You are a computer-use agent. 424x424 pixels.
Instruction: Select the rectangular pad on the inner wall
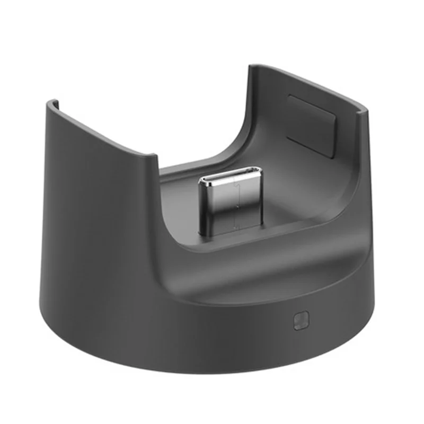(312, 126)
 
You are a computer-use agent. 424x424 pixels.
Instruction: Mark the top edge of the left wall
(101, 127)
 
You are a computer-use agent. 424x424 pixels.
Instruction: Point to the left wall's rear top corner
(50, 102)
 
